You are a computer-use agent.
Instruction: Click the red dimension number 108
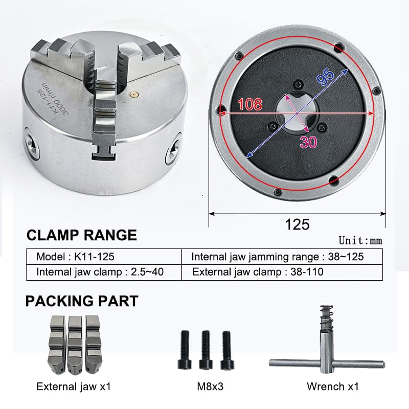(248, 104)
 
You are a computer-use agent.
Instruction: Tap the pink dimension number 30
(308, 142)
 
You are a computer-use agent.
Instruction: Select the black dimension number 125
(298, 224)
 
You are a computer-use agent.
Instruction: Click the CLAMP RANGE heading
(81, 235)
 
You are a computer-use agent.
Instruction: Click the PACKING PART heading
(82, 301)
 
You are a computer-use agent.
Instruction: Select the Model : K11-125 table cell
(79, 256)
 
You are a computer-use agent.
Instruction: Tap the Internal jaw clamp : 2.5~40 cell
(100, 271)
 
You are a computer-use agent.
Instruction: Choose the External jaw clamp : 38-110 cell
(258, 271)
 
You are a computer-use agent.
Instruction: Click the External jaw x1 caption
(74, 387)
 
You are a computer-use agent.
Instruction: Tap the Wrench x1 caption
(332, 387)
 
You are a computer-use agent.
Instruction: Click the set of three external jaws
(75, 344)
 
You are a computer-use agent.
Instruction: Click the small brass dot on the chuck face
(134, 94)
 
